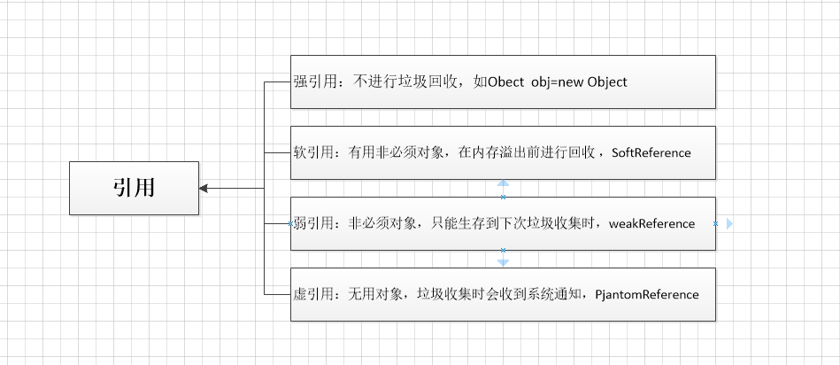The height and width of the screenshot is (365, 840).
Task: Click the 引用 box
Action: [134, 188]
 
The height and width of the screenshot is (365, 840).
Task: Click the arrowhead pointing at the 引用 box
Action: [204, 188]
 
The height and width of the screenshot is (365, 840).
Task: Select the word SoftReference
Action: [651, 152]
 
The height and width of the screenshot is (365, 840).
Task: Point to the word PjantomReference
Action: [647, 294]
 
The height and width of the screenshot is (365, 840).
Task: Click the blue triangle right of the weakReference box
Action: [729, 224]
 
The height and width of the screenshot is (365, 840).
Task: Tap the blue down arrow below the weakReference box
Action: [503, 262]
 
